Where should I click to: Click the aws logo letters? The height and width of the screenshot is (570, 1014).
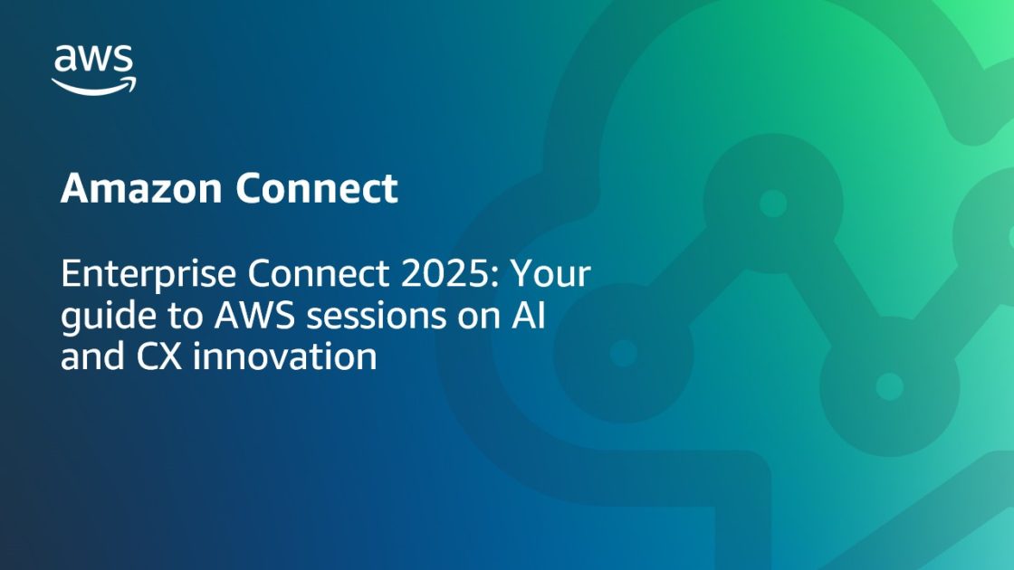pos(94,60)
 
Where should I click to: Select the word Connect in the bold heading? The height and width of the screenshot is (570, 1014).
pos(316,189)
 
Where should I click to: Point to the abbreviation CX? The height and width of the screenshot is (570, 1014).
pos(159,356)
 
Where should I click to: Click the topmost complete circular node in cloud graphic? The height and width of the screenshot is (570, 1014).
pos(772,203)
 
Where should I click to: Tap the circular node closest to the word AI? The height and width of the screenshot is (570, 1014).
pos(623,353)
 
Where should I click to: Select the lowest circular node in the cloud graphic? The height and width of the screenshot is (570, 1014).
pos(889,386)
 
